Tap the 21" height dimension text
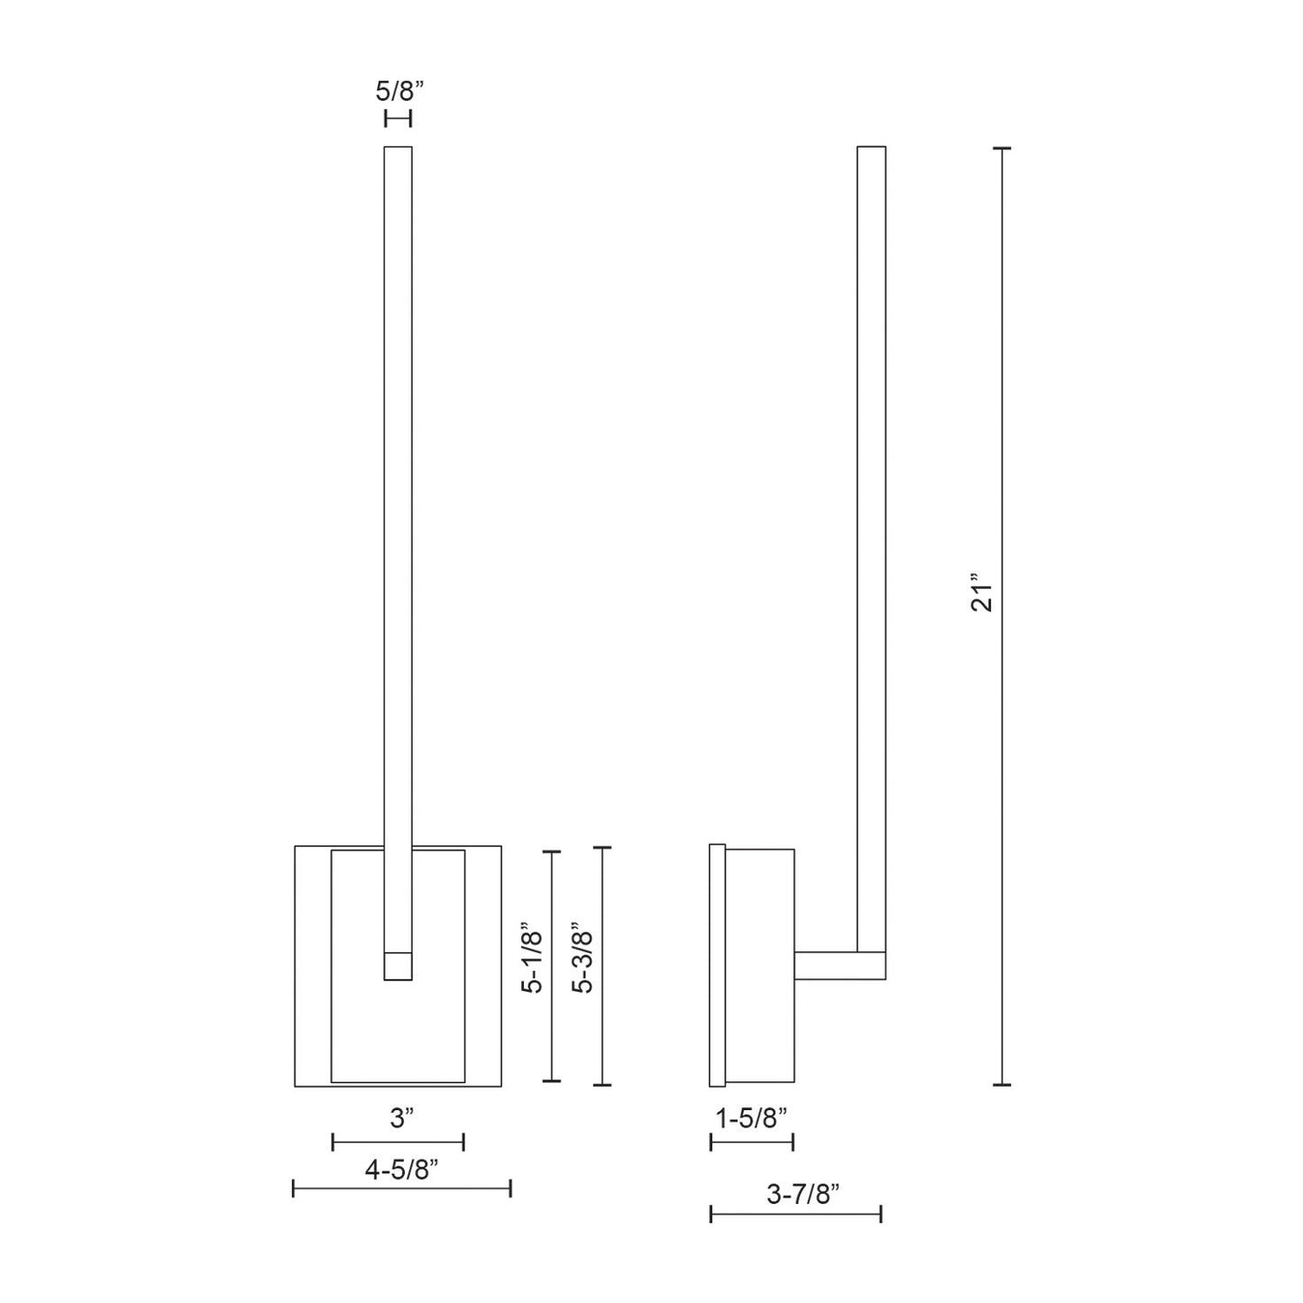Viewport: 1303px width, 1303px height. click(982, 592)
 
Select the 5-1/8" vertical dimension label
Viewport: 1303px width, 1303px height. click(534, 957)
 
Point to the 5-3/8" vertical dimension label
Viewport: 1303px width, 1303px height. click(584, 957)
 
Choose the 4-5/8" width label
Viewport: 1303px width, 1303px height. click(401, 1170)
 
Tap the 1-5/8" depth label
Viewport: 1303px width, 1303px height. click(751, 1118)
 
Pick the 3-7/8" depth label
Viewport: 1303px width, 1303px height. click(803, 1195)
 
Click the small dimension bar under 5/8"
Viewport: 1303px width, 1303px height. click(398, 118)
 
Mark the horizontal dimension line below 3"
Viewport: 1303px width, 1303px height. click(398, 1142)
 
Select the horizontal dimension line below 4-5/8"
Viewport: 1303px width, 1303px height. click(402, 1188)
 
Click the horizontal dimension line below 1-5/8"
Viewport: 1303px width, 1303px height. click(752, 1142)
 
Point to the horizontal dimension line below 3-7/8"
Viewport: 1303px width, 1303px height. click(795, 1215)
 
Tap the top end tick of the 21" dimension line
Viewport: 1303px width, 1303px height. click(1001, 148)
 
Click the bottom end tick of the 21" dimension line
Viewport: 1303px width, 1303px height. click(1001, 1085)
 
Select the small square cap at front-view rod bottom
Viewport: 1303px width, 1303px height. click(398, 966)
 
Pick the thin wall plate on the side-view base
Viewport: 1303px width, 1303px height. click(718, 965)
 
